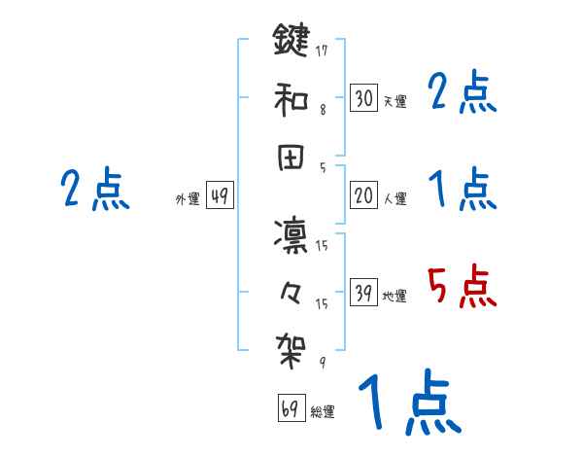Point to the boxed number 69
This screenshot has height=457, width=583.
291,408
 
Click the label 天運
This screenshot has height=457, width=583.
394,101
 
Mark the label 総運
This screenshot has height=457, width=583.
323,412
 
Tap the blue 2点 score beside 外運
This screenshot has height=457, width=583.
95,190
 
